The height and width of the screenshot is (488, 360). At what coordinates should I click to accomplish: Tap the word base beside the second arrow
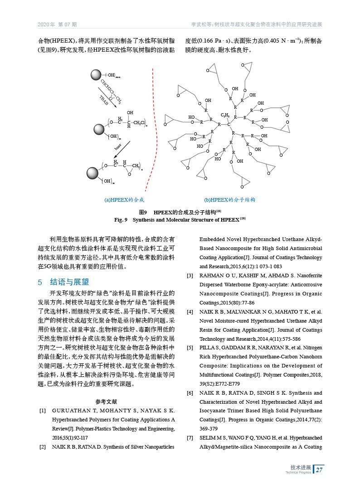[117, 147]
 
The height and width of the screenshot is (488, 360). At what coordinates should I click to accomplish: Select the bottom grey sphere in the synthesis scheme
[93, 173]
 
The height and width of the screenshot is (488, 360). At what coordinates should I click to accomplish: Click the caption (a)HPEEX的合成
[124, 199]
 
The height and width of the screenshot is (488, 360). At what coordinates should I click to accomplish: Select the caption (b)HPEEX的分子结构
[230, 199]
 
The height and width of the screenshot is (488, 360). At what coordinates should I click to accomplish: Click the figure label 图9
[143, 212]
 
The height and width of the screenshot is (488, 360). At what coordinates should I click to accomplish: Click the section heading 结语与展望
[69, 282]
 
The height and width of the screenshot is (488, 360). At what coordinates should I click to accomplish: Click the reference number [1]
[43, 411]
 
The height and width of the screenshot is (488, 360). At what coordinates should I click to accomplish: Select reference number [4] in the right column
[190, 312]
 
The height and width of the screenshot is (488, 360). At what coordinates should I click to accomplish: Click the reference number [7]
[190, 438]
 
